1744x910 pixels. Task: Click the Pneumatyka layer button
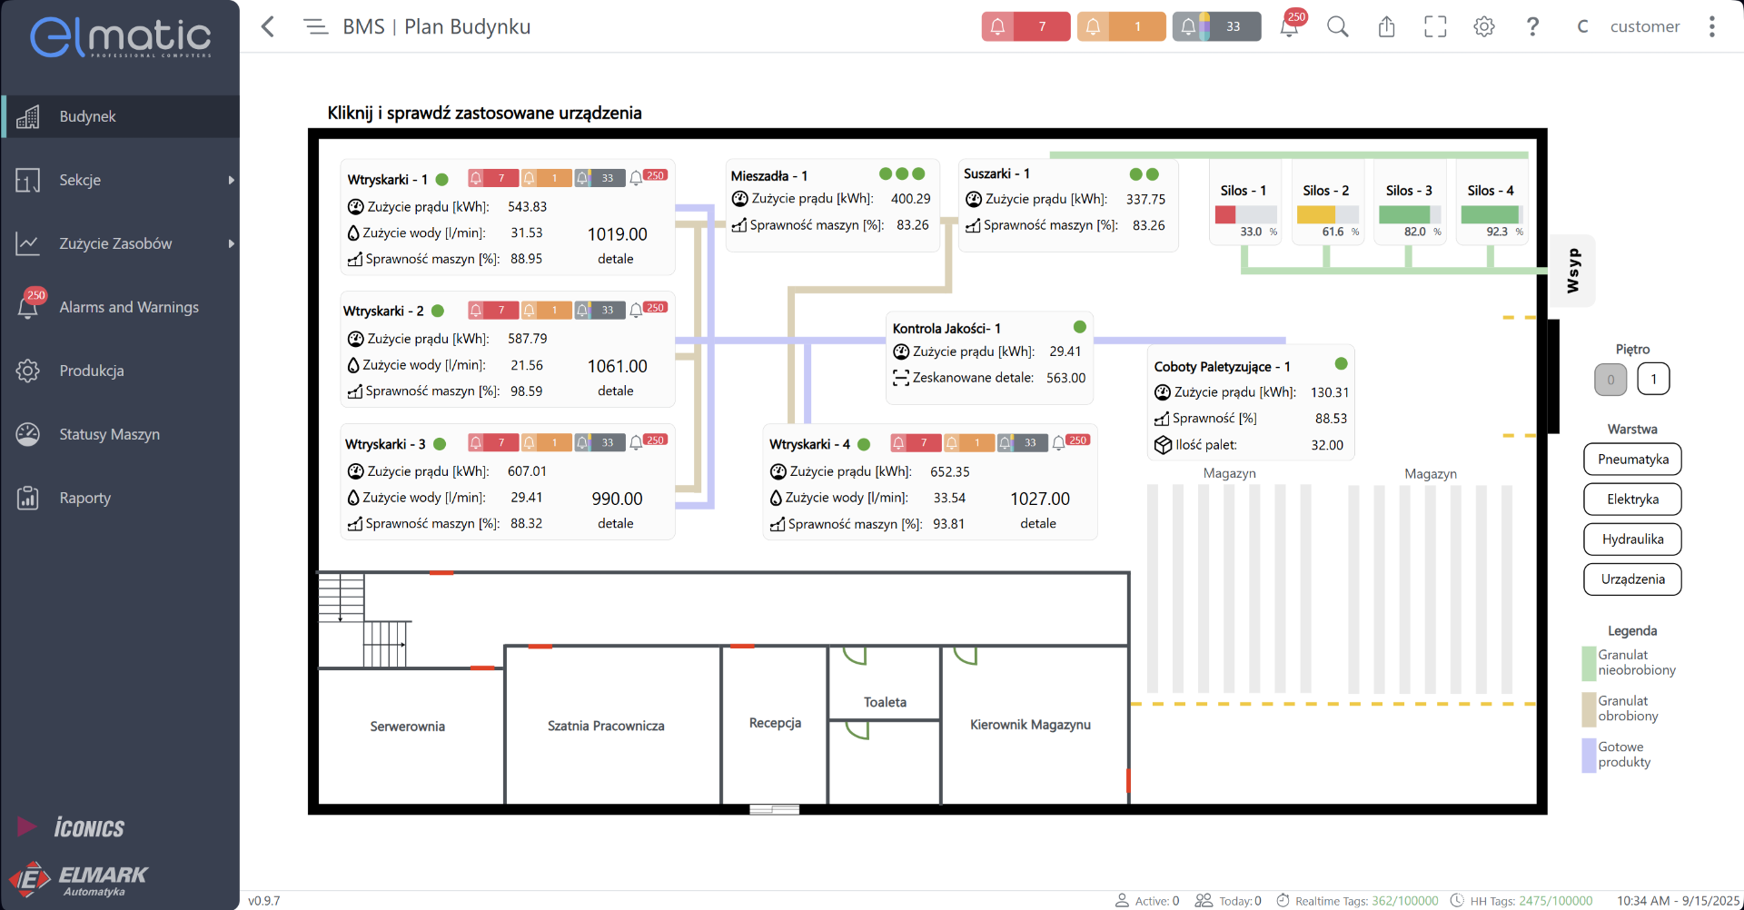[1632, 460]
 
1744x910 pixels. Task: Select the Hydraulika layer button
[1632, 539]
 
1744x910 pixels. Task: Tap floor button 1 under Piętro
[1653, 380]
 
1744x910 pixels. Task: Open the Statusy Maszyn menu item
[109, 434]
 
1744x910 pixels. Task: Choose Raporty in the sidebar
[84, 498]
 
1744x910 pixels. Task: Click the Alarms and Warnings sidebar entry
[128, 307]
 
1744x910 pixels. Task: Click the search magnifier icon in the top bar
[1337, 27]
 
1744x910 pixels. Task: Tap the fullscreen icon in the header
[1435, 27]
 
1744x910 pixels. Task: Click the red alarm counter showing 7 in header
[1026, 27]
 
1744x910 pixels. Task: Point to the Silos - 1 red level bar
[1225, 215]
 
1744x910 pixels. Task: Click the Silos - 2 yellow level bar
[1315, 215]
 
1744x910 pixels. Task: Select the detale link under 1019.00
[615, 260]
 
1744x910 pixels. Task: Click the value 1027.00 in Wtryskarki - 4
[1040, 500]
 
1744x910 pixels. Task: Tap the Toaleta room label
[885, 702]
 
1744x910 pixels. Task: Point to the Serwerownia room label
[407, 727]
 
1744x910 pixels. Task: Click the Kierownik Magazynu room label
[1030, 725]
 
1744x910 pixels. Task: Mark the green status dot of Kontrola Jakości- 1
[1080, 327]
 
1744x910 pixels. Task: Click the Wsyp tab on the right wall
[1573, 271]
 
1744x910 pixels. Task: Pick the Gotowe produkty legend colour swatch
[1589, 755]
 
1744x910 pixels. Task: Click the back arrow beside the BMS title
[268, 27]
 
